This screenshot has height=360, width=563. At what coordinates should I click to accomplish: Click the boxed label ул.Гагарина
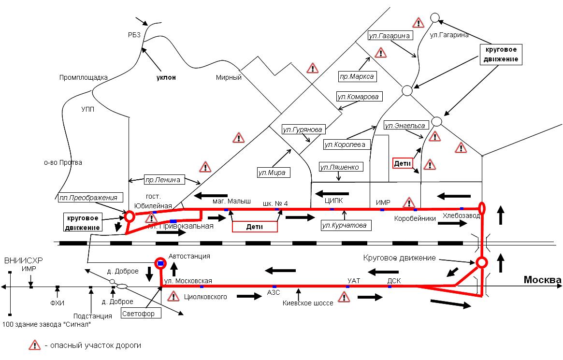pyautogui.click(x=390, y=36)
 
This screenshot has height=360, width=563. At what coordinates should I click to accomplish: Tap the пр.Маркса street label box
pyautogui.click(x=357, y=76)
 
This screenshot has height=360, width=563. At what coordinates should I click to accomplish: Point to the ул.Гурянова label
pyautogui.click(x=303, y=130)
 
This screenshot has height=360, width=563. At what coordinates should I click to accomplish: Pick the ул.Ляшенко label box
pyautogui.click(x=340, y=167)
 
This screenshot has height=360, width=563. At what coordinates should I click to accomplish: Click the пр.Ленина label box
pyautogui.click(x=163, y=180)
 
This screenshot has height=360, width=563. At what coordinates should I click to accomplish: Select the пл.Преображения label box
pyautogui.click(x=89, y=197)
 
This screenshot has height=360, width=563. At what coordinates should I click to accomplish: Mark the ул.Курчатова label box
pyautogui.click(x=344, y=225)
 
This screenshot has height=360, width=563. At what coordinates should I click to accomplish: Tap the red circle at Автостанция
pyautogui.click(x=160, y=263)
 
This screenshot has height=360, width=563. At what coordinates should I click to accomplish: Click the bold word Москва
pyautogui.click(x=543, y=280)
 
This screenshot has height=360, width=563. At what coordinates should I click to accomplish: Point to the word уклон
pyautogui.click(x=166, y=77)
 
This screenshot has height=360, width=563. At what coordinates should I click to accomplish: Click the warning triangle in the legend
pyautogui.click(x=35, y=345)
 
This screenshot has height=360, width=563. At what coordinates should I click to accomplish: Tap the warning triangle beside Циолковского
pyautogui.click(x=173, y=296)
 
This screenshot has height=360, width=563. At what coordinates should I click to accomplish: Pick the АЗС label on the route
pyautogui.click(x=274, y=293)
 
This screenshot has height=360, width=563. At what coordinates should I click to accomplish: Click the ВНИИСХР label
pyautogui.click(x=24, y=261)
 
